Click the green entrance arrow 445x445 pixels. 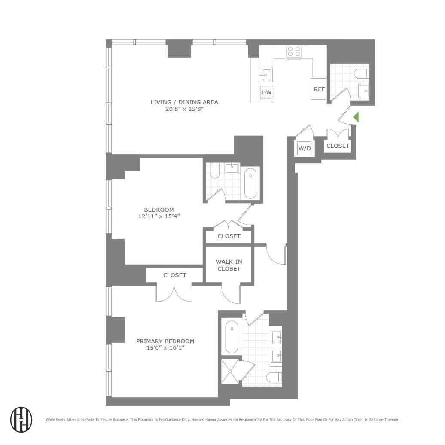point(356,117)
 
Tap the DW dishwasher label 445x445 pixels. point(266,92)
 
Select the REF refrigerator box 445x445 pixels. point(319,89)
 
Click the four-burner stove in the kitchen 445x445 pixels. point(294,52)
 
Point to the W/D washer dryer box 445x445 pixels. point(304,149)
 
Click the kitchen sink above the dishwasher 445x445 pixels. point(266,76)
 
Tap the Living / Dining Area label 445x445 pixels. point(184,102)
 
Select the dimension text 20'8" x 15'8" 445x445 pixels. point(184,109)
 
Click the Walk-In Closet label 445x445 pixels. point(229,265)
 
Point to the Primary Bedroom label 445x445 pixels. point(165,341)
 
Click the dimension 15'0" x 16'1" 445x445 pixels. point(165,348)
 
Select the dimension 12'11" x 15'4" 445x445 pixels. point(159,216)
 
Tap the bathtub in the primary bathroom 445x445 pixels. point(232,336)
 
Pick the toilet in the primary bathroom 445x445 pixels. point(273,378)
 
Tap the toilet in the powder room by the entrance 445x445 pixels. point(361,74)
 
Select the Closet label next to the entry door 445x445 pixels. point(338,146)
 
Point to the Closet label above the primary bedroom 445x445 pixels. point(174,275)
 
